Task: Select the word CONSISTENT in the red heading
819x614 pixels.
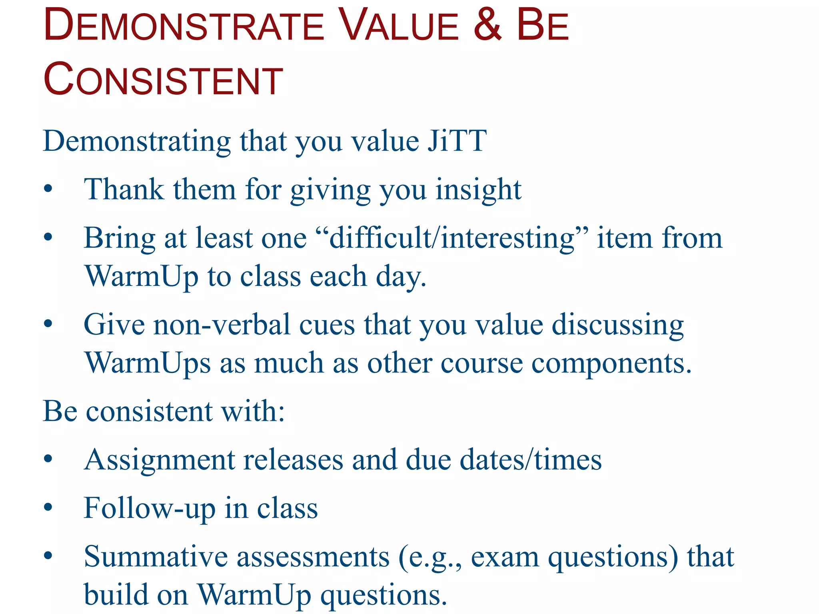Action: pyautogui.click(x=163, y=80)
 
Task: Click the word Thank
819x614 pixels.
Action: pyautogui.click(x=124, y=189)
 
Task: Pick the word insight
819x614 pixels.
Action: pyautogui.click(x=478, y=190)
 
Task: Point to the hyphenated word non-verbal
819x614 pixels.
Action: pyautogui.click(x=222, y=325)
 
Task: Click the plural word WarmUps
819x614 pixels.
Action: pyautogui.click(x=148, y=363)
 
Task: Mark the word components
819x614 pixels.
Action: pyautogui.click(x=611, y=364)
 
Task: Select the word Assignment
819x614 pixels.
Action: pyautogui.click(x=160, y=460)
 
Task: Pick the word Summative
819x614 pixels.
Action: pyautogui.click(x=156, y=556)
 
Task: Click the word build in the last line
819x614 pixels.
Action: pyautogui.click(x=116, y=594)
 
